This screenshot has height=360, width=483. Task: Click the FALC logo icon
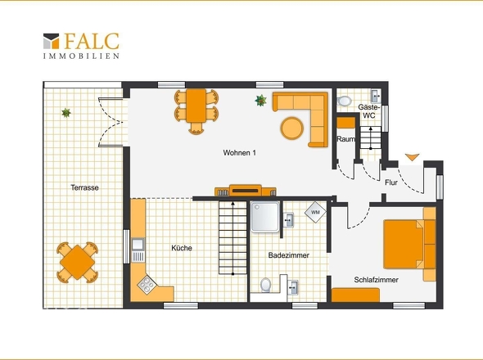click(51, 41)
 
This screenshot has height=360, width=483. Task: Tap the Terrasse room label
click(84, 187)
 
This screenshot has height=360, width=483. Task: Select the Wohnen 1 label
click(239, 153)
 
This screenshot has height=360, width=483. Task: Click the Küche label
click(182, 248)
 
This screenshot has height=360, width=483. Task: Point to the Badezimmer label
click(289, 255)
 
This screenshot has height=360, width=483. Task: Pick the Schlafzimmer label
click(376, 280)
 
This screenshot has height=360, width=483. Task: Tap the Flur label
click(391, 182)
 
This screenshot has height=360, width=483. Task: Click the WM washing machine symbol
click(315, 212)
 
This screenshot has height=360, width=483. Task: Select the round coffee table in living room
click(292, 128)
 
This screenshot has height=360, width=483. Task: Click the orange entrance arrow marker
click(412, 157)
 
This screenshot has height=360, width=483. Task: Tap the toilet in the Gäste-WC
click(345, 101)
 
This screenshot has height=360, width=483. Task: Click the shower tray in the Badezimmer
click(265, 217)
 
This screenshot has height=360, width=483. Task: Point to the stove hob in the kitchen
click(147, 284)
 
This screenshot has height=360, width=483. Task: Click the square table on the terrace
click(77, 263)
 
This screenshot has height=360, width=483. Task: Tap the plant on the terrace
click(66, 113)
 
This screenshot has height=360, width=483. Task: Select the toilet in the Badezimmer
click(265, 285)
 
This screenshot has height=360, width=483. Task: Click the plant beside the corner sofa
click(260, 101)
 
